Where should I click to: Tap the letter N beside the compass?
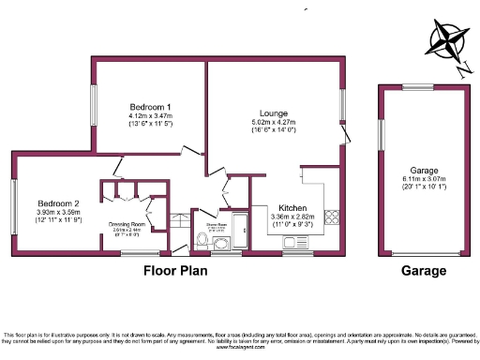(462, 67)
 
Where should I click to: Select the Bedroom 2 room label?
(58, 203)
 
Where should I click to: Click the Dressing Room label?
(126, 224)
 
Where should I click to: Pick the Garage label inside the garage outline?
(424, 171)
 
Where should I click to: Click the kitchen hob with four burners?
(332, 217)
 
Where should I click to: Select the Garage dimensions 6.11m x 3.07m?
(424, 179)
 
